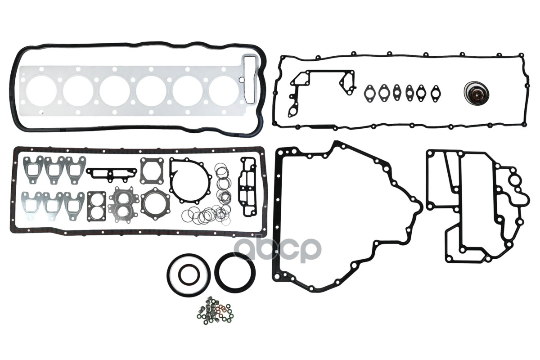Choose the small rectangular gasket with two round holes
click(x=96, y=207)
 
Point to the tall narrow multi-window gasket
click(x=248, y=186)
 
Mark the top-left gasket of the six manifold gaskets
click(x=32, y=169)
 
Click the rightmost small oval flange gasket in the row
click(x=435, y=93)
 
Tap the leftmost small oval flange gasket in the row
click(x=370, y=93)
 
